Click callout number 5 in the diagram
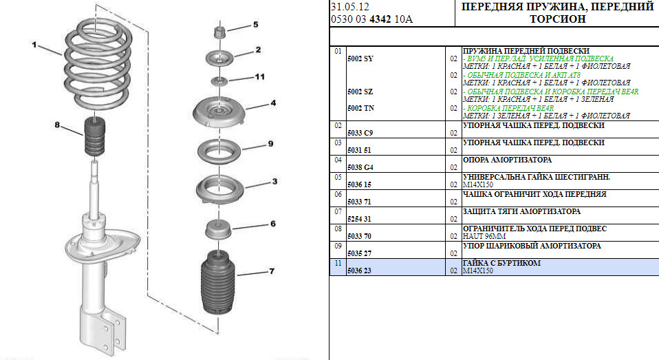(255, 25)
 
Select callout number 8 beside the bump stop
(57, 125)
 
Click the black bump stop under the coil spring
(95, 137)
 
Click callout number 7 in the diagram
(272, 271)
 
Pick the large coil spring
(98, 63)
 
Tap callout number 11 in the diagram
(260, 77)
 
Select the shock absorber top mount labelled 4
(219, 113)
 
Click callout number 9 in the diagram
(270, 144)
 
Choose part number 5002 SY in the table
(360, 59)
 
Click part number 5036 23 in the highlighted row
(359, 271)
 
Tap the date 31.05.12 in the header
(349, 7)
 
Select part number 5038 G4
(360, 167)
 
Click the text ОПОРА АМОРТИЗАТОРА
(507, 160)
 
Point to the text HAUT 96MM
(484, 236)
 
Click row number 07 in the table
(338, 211)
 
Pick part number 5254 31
(359, 219)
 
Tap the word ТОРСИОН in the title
(558, 19)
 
